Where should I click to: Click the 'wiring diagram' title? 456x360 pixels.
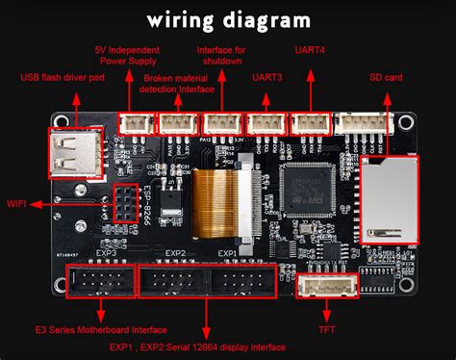pos(228,19)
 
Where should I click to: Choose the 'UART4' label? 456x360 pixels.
pos(311,48)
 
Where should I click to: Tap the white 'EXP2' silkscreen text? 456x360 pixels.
pos(175,254)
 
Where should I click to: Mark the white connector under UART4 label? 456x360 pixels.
pos(311,122)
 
